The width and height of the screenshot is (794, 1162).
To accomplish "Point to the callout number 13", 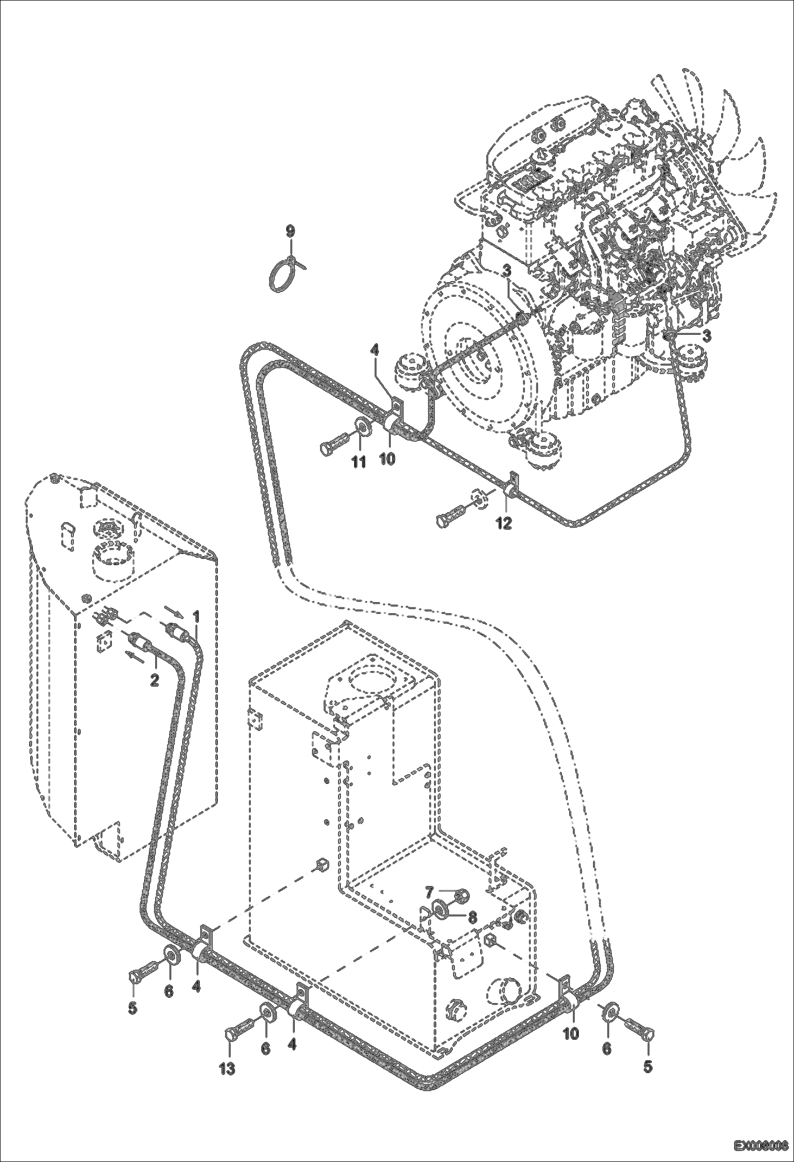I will tap(227, 1069).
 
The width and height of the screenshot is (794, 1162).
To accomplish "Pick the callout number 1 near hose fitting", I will tap(196, 616).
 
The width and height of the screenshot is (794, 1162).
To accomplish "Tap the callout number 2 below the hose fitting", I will tap(154, 680).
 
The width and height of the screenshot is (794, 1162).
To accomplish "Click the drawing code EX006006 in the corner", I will tap(761, 1145).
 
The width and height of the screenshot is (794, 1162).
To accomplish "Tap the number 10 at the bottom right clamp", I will tap(570, 1033).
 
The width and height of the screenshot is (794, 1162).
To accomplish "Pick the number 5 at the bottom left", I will tap(133, 1008).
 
